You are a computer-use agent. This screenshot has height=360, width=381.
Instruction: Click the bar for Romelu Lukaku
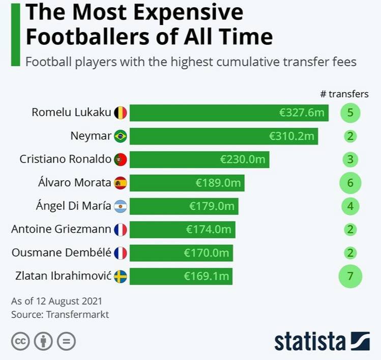tap(229, 113)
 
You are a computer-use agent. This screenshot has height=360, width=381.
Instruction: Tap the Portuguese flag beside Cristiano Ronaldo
tap(121, 159)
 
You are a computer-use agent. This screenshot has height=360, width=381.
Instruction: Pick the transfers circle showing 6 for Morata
tap(349, 182)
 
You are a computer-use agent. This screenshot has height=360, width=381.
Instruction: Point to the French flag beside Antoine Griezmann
tap(121, 230)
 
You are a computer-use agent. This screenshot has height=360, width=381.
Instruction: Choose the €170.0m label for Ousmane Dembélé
tap(206, 253)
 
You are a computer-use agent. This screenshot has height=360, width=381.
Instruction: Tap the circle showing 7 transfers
tap(350, 276)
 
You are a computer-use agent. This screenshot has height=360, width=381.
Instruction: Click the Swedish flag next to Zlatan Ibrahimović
tap(121, 276)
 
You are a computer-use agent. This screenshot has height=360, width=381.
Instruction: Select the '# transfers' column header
tap(344, 94)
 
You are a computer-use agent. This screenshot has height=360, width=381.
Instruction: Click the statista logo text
tap(310, 341)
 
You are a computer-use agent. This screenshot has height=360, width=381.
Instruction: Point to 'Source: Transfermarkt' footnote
tap(60, 314)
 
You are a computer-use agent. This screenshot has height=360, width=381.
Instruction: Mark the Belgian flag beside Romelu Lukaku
tap(121, 113)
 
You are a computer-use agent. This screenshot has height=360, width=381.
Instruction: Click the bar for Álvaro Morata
tap(187, 182)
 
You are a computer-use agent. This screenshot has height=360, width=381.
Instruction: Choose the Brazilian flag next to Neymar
tap(121, 136)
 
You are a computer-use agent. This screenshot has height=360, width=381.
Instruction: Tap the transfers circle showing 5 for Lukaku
tap(350, 113)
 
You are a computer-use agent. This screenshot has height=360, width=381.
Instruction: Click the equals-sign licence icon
tap(66, 341)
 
